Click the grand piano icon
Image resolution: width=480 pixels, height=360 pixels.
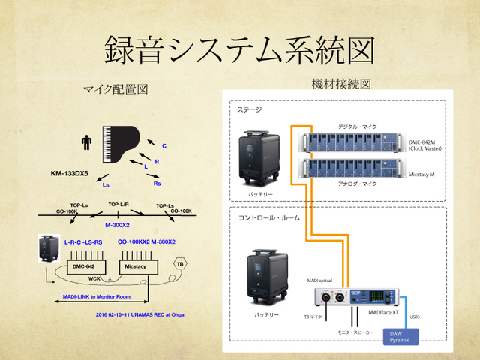click(x=118, y=142)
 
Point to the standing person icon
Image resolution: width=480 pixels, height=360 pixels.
click(x=87, y=141)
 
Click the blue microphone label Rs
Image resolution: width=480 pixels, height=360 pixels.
click(x=157, y=184)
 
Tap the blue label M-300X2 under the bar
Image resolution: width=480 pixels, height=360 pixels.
click(x=118, y=224)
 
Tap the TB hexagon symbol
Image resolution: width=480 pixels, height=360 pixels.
click(x=180, y=264)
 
